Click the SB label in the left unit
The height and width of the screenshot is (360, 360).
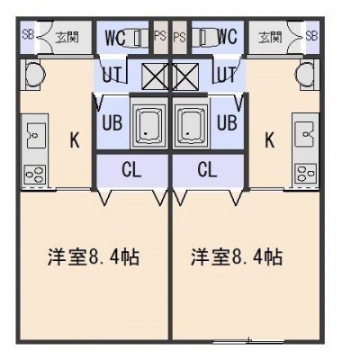[x=29, y=35]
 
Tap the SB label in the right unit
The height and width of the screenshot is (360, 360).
[x=311, y=36]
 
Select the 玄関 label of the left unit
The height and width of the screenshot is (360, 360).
[x=67, y=37]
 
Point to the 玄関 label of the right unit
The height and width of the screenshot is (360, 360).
[x=270, y=37]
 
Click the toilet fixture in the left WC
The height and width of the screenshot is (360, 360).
[x=137, y=37]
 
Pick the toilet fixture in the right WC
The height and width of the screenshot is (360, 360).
[x=204, y=37]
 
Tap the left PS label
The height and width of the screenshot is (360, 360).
[x=160, y=36]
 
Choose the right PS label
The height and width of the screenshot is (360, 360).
[x=179, y=37]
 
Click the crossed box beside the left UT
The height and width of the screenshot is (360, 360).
[x=155, y=76]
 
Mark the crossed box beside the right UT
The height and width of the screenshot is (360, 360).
[x=185, y=76]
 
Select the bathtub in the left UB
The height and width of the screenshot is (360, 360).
[x=149, y=123]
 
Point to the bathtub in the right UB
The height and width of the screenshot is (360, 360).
[x=191, y=123]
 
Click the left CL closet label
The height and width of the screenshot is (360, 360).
[x=131, y=170]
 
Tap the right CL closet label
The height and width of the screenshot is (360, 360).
[x=207, y=170]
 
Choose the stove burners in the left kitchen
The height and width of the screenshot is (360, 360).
[x=35, y=174]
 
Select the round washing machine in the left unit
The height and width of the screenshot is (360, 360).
[x=35, y=73]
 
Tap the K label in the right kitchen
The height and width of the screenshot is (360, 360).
[x=270, y=139]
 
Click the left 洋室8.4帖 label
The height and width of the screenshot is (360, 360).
[x=94, y=256]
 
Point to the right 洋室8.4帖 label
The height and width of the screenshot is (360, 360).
[x=237, y=256]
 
